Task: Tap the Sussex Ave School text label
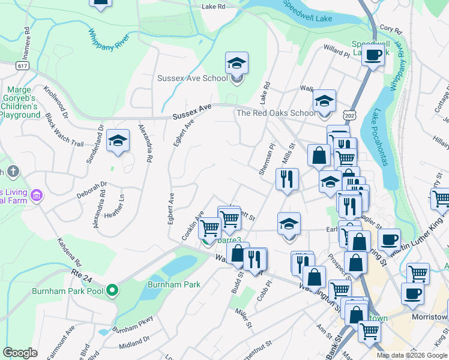coord(192,78)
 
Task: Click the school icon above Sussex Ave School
coord(237,62)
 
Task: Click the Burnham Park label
coord(174,285)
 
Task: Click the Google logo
coord(20,353)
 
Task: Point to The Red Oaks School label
coord(276,113)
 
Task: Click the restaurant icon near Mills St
coord(287,179)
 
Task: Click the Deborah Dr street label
coord(91,190)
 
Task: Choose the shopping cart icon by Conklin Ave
coord(209,229)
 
